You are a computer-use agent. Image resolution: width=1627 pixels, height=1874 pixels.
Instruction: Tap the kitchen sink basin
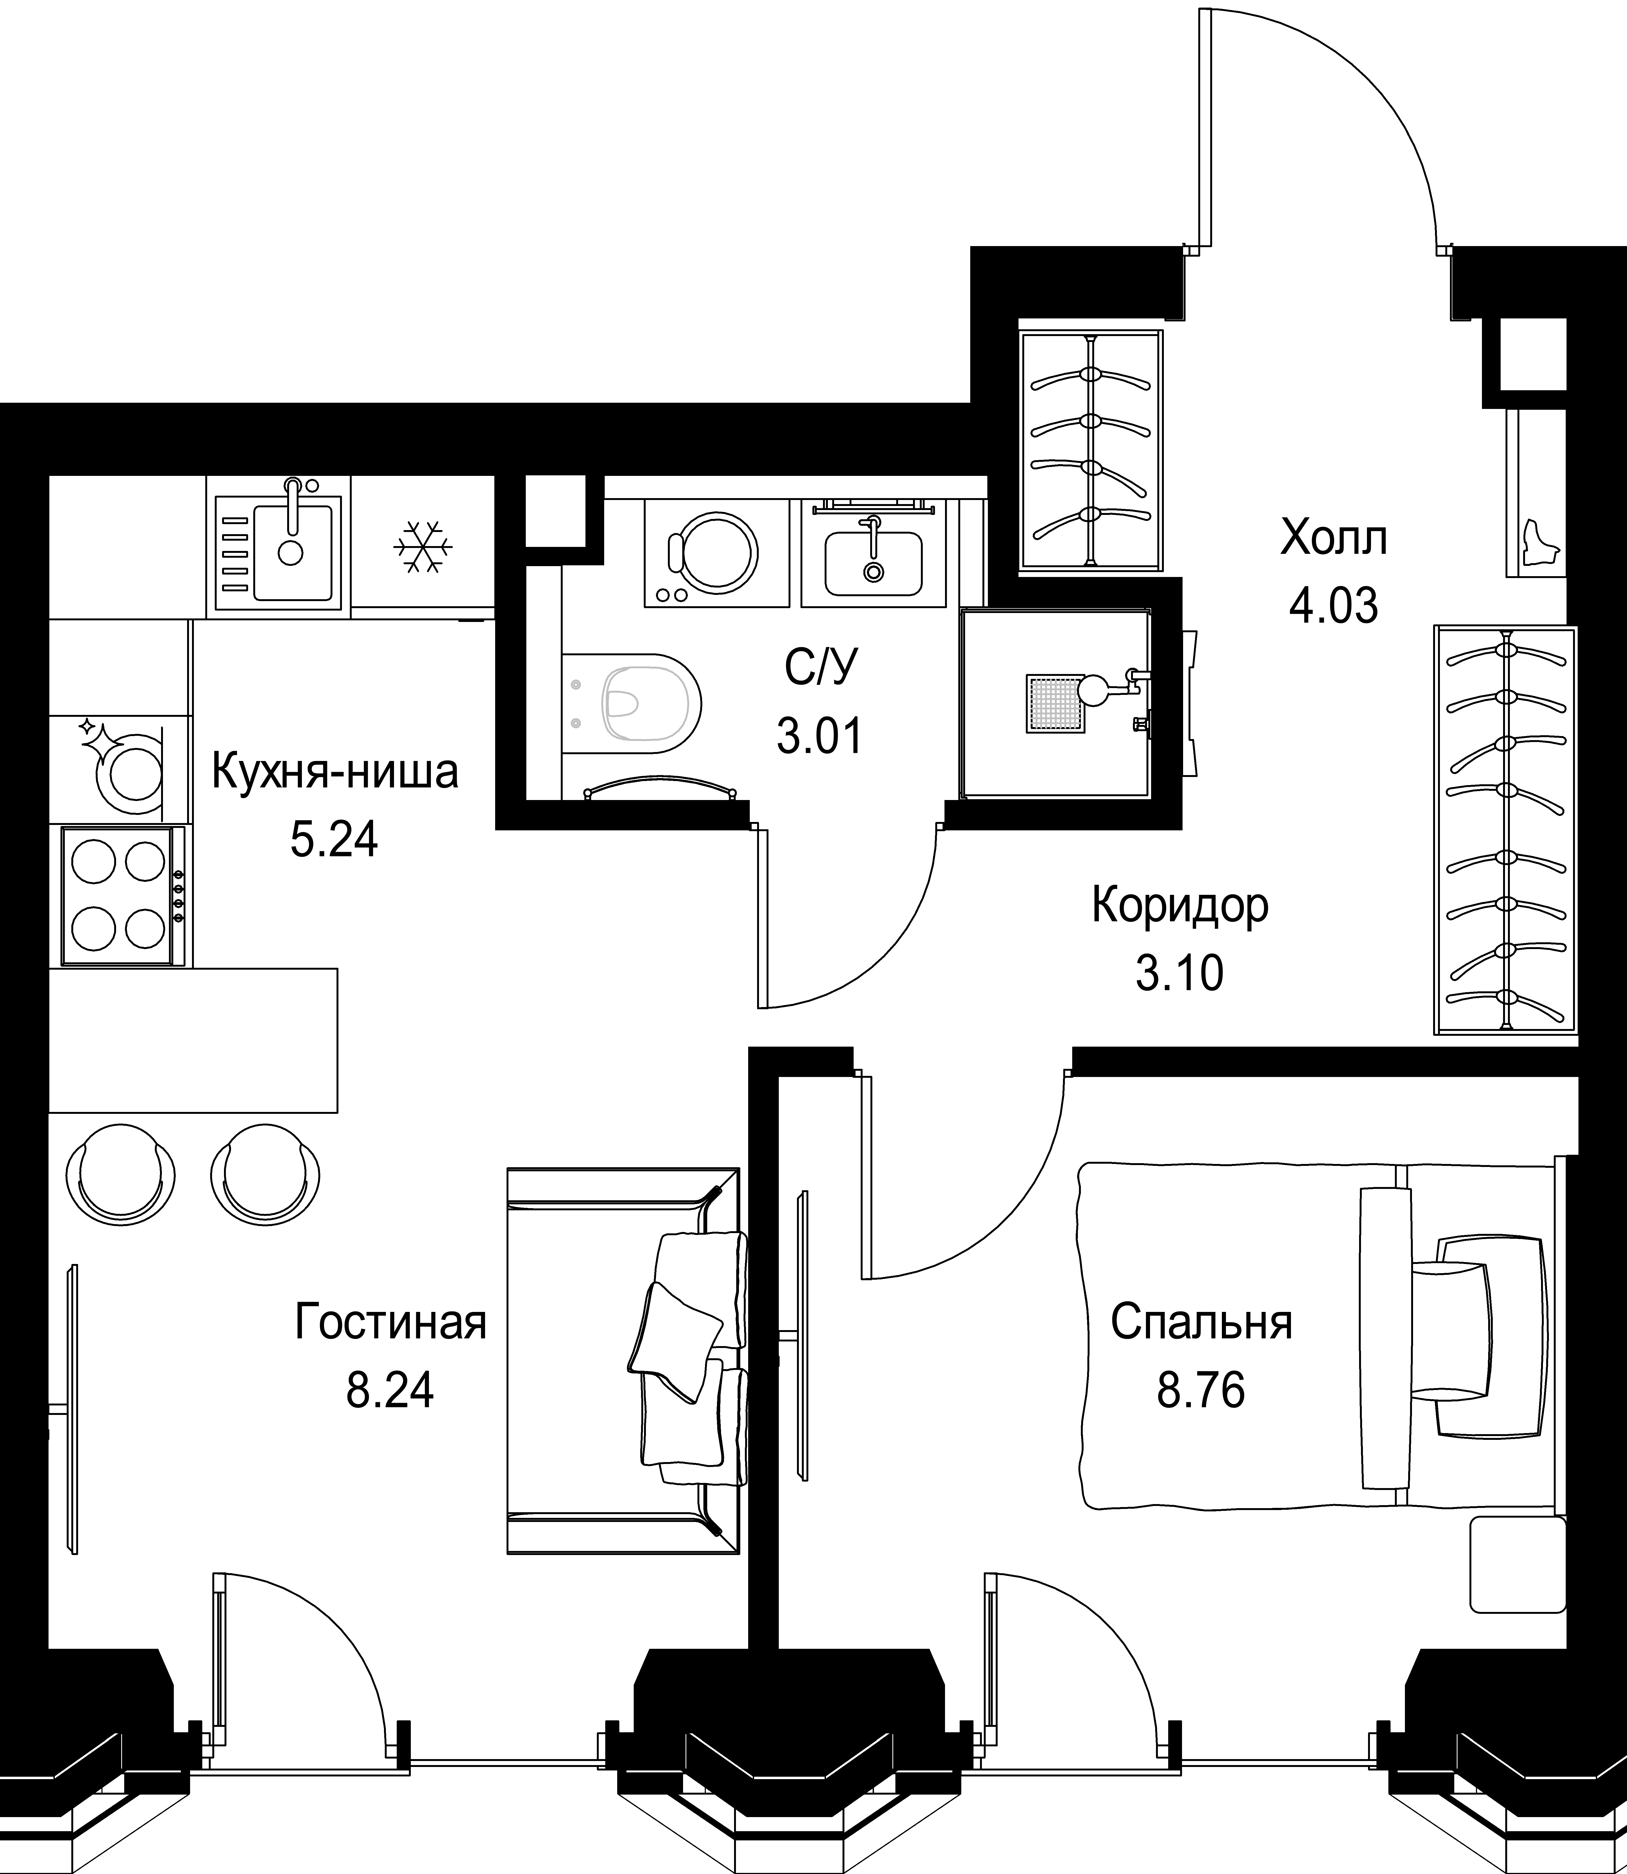292,553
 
